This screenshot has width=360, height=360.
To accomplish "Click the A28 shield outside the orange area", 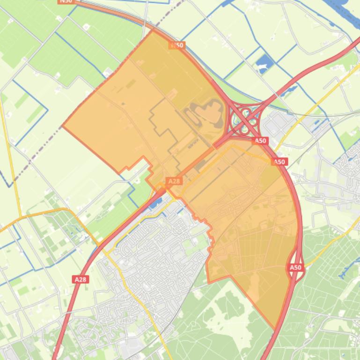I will (81, 279).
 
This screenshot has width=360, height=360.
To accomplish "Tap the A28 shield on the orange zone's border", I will (174, 181).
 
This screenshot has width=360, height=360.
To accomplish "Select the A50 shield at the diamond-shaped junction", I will (295, 267).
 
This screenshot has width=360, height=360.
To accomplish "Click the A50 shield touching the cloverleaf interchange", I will (260, 140).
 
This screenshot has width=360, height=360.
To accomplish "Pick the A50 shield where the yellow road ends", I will (279, 162).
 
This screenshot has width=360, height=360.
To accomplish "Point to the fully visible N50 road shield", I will (176, 45).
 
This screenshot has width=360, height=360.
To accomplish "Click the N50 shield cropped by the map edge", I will (66, 1).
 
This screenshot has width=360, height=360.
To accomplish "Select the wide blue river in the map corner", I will (346, 7).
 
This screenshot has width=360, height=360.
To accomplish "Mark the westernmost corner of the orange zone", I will (63, 125).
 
